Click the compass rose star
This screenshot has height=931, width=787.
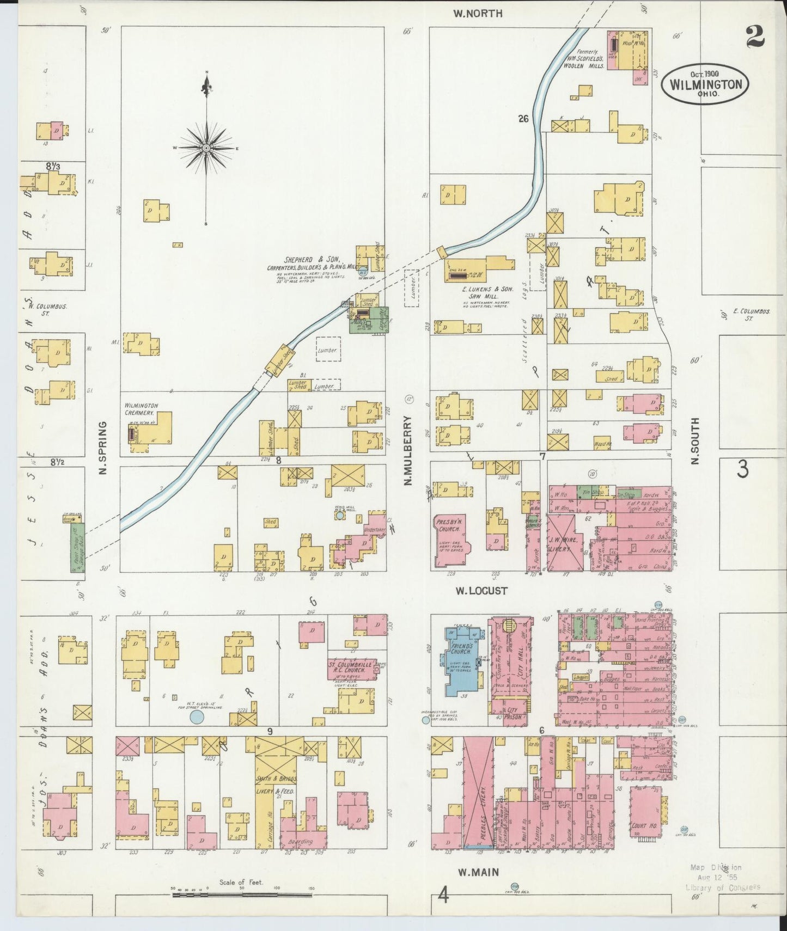[x=207, y=148]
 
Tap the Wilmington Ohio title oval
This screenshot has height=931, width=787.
[x=705, y=83]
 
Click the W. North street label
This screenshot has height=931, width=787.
[x=478, y=14]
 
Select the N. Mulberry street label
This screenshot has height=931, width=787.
[x=409, y=450]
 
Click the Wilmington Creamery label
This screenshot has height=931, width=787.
[x=141, y=409]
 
